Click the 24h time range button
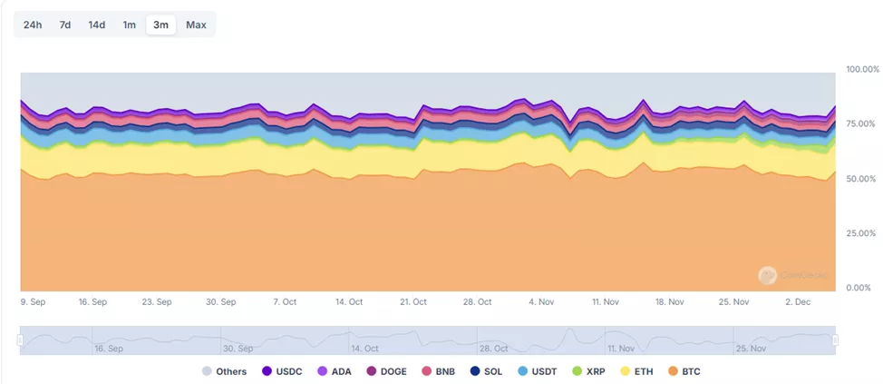(x=33, y=25)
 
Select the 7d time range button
(x=65, y=25)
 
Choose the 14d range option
(x=97, y=25)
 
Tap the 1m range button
(x=130, y=25)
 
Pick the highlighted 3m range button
(x=160, y=25)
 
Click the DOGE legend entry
(x=387, y=371)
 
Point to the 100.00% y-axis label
(x=862, y=69)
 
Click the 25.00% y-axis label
(x=862, y=233)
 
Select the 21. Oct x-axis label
(x=413, y=301)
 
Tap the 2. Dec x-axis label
(x=799, y=301)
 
